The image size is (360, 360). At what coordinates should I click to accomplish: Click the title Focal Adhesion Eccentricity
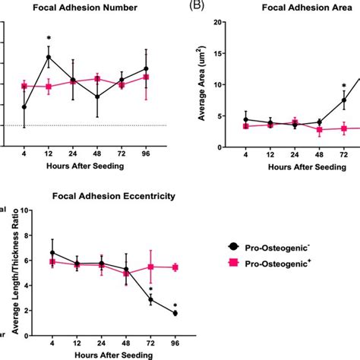(113, 196)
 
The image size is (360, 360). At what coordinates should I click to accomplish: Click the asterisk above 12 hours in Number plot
(49, 37)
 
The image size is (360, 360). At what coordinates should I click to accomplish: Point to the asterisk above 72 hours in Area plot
(343, 86)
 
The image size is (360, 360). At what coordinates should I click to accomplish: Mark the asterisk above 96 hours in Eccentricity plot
(175, 305)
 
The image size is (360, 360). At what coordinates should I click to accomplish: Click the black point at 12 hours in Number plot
(49, 57)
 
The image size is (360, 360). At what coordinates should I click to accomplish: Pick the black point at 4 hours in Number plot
(24, 107)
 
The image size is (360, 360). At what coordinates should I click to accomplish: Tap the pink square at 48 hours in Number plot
(97, 79)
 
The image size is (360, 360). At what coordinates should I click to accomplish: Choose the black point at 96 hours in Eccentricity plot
(175, 313)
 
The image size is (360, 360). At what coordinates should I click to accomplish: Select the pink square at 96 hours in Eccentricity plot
(175, 267)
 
